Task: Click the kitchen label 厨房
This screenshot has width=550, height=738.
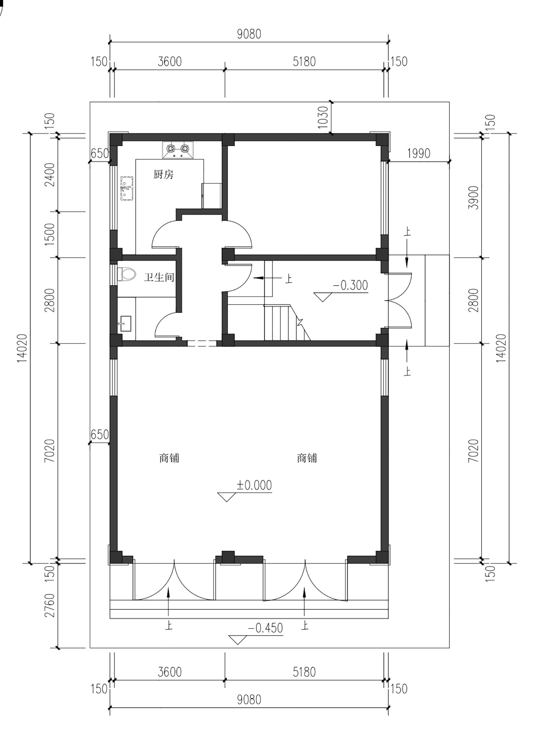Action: pyautogui.click(x=164, y=175)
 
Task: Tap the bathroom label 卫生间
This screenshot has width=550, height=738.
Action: pyautogui.click(x=159, y=277)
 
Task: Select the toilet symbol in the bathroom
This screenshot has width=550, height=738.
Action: pyautogui.click(x=126, y=274)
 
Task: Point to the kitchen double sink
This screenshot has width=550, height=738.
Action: pyautogui.click(x=127, y=188)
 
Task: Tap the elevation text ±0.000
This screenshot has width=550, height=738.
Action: pyautogui.click(x=254, y=485)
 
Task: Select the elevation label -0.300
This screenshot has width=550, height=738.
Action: pyautogui.click(x=350, y=285)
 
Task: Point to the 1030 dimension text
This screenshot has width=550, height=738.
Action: pyautogui.click(x=323, y=117)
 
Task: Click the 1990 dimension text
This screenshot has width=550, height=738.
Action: pyautogui.click(x=418, y=153)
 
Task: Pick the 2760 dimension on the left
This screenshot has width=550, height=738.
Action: pyautogui.click(x=50, y=605)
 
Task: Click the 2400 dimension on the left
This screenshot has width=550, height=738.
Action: pyautogui.click(x=50, y=175)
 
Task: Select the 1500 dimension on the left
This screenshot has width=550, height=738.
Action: pyautogui.click(x=50, y=234)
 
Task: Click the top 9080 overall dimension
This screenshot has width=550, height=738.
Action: pyautogui.click(x=249, y=34)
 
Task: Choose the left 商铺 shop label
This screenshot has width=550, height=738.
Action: pyautogui.click(x=169, y=458)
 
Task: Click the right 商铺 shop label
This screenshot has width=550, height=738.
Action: pyautogui.click(x=307, y=458)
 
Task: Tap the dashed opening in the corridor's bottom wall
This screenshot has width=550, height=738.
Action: pyautogui.click(x=202, y=344)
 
